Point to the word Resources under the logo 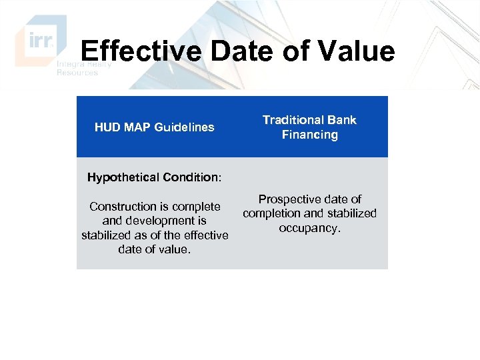pyautogui.click(x=77, y=73)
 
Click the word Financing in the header pyautogui.click(x=309, y=135)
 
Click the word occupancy pyautogui.click(x=309, y=228)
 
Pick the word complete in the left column pyautogui.click(x=197, y=207)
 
